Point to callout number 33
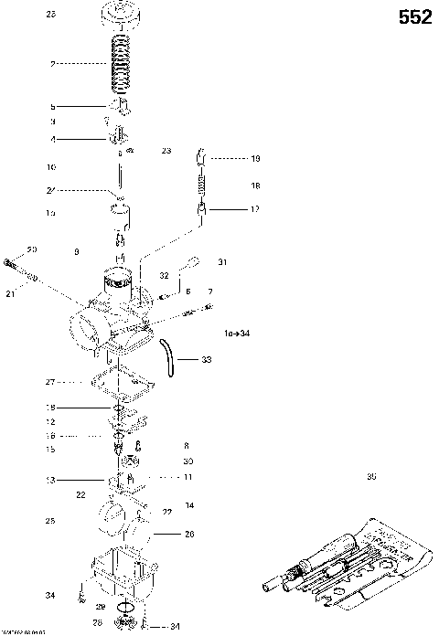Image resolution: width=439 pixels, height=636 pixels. tap(206, 360)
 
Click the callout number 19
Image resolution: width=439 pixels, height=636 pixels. tap(255, 158)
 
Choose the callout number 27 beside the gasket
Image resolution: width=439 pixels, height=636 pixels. tap(50, 381)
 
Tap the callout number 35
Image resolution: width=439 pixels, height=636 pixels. tap(370, 475)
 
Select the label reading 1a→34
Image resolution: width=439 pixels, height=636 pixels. tap(236, 333)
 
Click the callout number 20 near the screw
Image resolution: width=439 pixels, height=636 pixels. tap(31, 249)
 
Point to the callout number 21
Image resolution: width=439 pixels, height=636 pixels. tap(11, 294)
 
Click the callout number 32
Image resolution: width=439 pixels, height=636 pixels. tap(164, 274)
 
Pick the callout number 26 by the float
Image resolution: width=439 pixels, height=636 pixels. tap(189, 534)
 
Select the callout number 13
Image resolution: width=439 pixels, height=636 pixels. tap(50, 479)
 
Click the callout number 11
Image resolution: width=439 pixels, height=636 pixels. tap(187, 477)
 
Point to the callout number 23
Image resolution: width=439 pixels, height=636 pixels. tap(166, 150)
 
